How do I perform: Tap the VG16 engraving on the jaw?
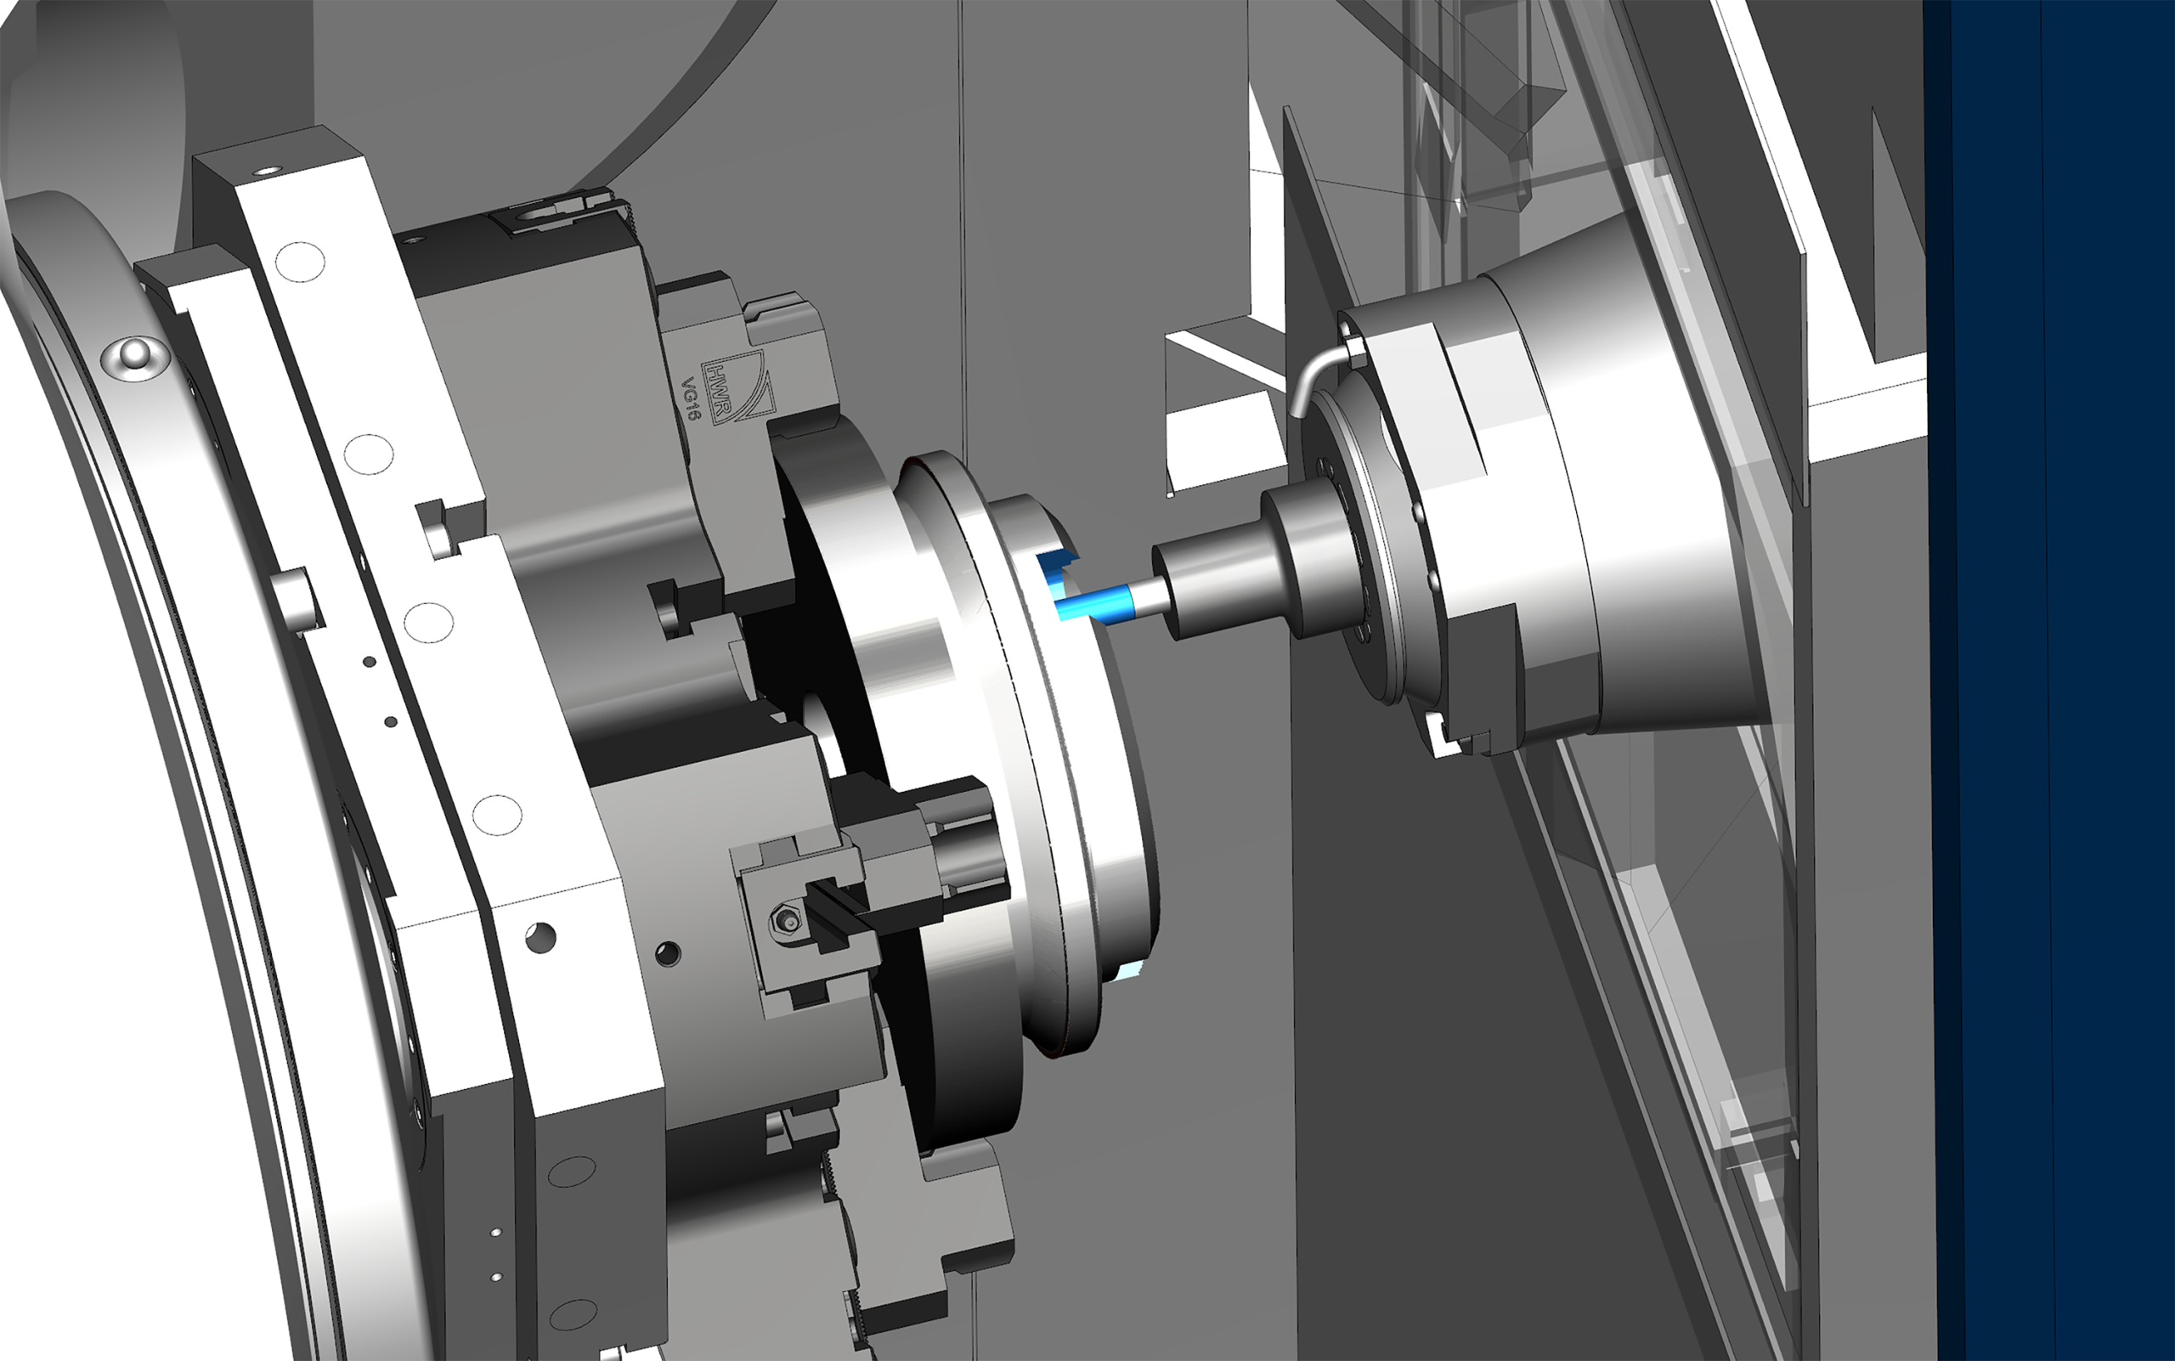[x=691, y=399]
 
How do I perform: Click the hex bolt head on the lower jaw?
[x=788, y=920]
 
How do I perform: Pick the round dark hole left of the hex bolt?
[x=668, y=952]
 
